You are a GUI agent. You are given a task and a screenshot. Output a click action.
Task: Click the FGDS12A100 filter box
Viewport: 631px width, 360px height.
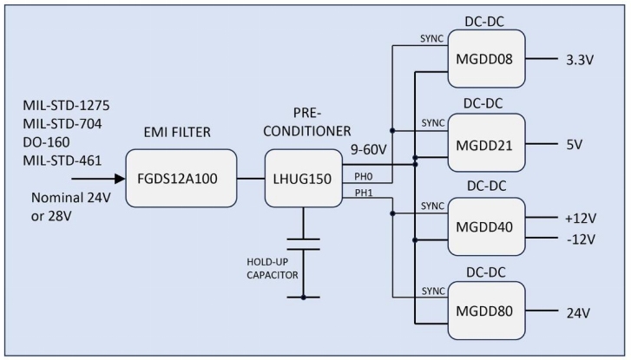click(x=181, y=178)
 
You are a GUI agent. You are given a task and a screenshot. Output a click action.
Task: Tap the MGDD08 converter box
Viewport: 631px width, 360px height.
click(x=486, y=59)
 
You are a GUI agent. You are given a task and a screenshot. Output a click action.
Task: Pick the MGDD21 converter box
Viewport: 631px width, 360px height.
click(x=486, y=143)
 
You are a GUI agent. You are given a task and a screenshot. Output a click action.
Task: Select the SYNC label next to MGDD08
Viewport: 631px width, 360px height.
click(x=431, y=40)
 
